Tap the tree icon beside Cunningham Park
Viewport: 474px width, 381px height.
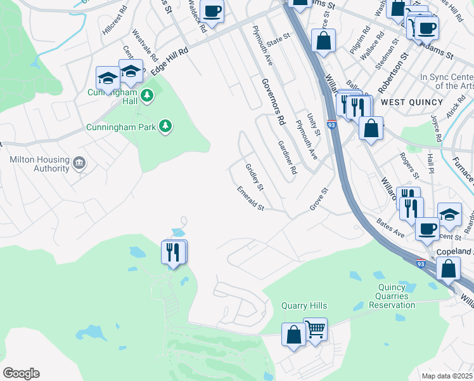point(165,126)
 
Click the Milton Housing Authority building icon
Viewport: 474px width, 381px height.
point(79,163)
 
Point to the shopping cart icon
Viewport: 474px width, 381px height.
point(315,329)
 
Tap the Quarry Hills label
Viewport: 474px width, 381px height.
point(303,305)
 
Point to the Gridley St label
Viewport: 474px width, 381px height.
point(254,177)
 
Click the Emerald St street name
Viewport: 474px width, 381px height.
point(250,197)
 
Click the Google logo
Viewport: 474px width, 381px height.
point(21,373)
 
